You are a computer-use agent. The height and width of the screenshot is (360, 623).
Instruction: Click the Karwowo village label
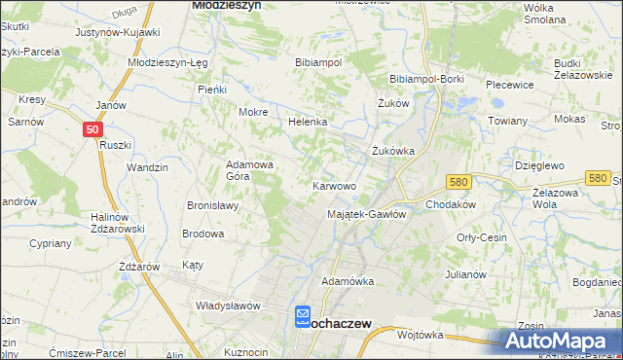334,185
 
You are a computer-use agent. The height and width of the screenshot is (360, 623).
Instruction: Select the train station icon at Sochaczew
303,317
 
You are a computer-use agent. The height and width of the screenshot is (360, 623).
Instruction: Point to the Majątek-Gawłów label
366,214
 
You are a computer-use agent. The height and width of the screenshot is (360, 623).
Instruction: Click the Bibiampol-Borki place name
426,79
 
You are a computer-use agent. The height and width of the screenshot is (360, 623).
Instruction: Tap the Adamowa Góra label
250,171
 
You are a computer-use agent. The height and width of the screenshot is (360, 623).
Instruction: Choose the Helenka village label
308,123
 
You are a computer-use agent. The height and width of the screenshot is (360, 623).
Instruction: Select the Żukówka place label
394,151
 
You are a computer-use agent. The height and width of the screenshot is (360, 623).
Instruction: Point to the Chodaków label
450,205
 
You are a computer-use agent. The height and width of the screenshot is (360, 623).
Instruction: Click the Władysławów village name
229,305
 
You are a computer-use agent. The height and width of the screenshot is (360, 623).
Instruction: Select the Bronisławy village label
214,205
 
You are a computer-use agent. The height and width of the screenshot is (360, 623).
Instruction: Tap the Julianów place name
464,274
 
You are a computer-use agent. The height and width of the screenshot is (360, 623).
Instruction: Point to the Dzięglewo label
540,166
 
